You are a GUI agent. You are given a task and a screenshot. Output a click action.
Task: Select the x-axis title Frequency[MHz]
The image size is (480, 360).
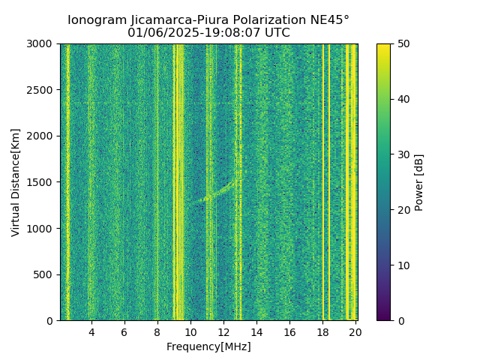pyautogui.click(x=208, y=346)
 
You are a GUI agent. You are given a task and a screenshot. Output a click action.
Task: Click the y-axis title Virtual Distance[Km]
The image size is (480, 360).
pyautogui.click(x=16, y=182)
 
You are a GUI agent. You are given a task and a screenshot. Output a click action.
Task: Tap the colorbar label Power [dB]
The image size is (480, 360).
pyautogui.click(x=419, y=182)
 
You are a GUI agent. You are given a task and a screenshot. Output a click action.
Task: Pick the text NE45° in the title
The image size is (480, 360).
pyautogui.click(x=330, y=20)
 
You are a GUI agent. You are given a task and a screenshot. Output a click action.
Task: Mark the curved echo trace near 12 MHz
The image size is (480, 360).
pyautogui.click(x=217, y=193)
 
